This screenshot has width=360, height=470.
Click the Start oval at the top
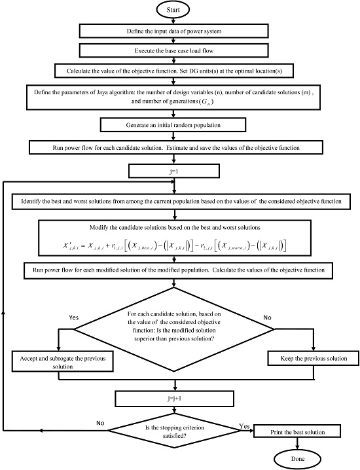(x=173, y=11)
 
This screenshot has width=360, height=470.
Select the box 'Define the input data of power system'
(x=173, y=31)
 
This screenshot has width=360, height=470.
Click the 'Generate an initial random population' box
(x=173, y=124)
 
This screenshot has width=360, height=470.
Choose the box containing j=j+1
(x=173, y=399)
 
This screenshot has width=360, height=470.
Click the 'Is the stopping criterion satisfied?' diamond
(x=173, y=431)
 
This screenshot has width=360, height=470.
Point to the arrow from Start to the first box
(x=173, y=22)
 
